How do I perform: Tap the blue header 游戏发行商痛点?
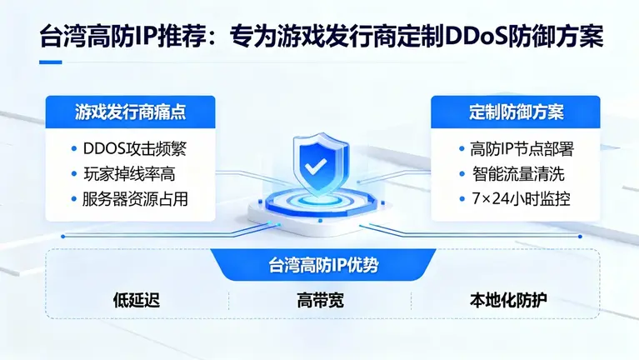click(x=130, y=111)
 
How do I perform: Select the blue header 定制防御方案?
click(x=516, y=111)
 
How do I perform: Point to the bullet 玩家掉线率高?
click(x=129, y=174)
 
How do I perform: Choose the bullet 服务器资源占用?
click(x=136, y=199)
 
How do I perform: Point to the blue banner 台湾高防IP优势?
click(x=319, y=266)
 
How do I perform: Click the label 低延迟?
click(x=135, y=301)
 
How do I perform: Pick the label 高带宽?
click(x=319, y=301)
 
